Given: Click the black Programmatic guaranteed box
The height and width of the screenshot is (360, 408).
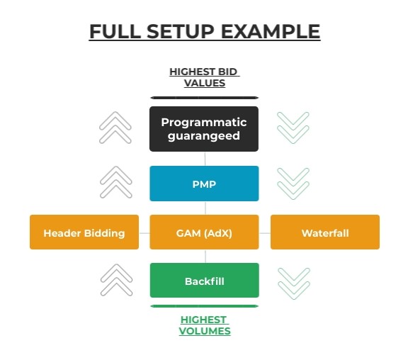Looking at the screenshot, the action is tap(204, 129).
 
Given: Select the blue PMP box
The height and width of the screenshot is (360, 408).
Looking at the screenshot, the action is tap(204, 184).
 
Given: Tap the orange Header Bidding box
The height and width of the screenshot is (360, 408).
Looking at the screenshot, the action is tap(84, 232).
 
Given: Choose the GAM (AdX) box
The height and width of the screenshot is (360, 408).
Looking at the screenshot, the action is tap(204, 232).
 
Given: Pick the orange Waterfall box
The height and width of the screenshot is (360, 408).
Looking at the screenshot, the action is tap(325, 232).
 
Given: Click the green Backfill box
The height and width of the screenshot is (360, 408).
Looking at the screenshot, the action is tap(205, 281).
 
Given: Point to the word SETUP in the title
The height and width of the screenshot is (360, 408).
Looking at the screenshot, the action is tap(181, 31).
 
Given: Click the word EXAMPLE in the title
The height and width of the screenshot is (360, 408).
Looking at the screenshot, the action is tap(271, 31).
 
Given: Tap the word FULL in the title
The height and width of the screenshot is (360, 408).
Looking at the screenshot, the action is tap(115, 31).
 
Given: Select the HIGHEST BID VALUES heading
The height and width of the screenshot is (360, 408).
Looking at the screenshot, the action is tap(205, 77).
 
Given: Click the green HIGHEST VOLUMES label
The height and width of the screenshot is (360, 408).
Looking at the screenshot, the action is tap(205, 325).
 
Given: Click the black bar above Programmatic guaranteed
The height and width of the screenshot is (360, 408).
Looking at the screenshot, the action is tap(205, 98).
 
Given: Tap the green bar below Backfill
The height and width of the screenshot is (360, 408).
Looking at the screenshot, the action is tap(205, 306).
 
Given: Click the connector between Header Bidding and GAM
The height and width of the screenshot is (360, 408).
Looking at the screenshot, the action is tap(144, 233).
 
